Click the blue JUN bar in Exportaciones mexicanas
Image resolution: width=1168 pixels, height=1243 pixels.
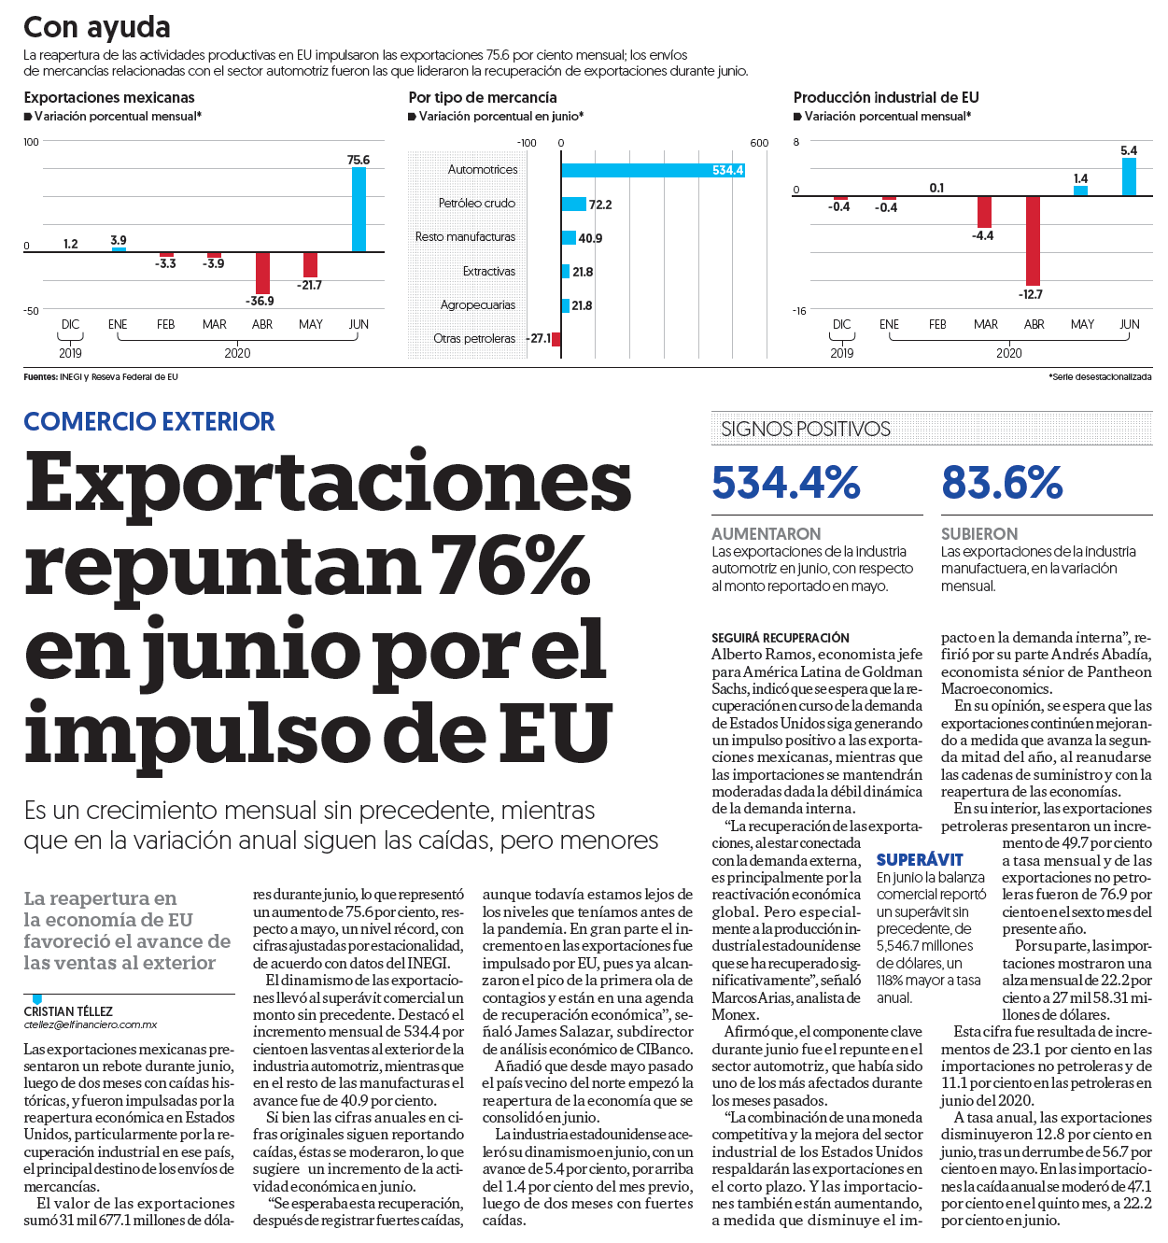tap(359, 210)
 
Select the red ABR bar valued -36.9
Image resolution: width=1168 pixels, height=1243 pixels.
tap(262, 273)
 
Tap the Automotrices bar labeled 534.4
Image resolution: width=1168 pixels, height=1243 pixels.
tap(653, 170)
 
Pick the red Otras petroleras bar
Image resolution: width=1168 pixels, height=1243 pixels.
tap(556, 339)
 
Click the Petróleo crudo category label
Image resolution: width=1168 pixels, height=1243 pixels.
tap(477, 204)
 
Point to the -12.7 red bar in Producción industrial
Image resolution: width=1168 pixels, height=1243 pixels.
tap(1033, 241)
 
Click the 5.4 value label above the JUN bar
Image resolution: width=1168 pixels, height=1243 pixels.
tap(1129, 151)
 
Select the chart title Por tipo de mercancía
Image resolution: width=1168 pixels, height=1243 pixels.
tap(483, 98)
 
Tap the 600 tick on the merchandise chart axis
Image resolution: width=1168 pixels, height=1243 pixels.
tap(759, 143)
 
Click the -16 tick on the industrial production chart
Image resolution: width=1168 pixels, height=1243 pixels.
tap(799, 311)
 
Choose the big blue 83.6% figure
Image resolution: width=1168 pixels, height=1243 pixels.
tap(1002, 483)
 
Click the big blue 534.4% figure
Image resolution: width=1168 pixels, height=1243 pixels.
tap(786, 483)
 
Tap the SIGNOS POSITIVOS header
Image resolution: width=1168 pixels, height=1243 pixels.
tap(806, 429)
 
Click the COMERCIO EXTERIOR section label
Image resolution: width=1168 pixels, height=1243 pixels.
tap(149, 422)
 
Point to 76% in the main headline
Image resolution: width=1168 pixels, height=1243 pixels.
tap(510, 565)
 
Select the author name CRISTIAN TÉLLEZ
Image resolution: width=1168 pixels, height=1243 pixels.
tap(68, 1011)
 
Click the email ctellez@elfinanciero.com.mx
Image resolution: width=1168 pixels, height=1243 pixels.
tap(91, 1025)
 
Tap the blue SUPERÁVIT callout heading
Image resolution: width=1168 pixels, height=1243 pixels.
tap(920, 860)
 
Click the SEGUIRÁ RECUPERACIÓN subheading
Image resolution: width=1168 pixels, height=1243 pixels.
tap(780, 639)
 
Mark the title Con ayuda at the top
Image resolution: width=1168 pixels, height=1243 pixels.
tap(97, 27)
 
